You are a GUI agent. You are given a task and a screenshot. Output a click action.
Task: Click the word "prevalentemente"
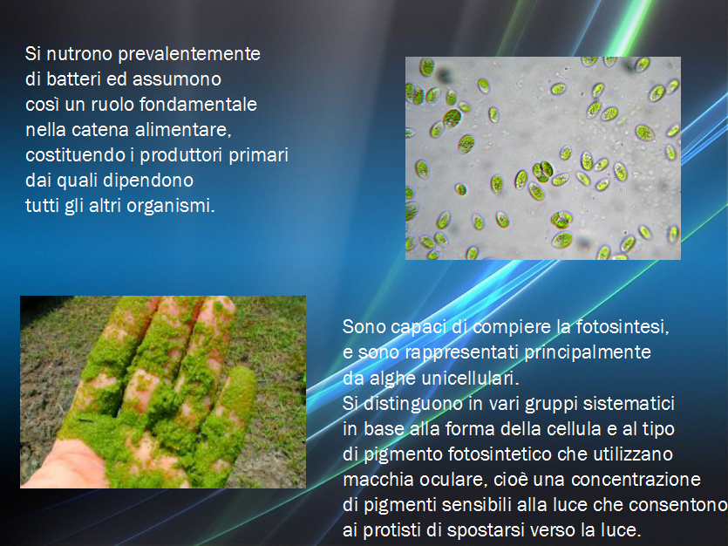[x=189, y=54]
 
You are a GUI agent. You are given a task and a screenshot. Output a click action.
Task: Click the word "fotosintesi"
[x=623, y=327]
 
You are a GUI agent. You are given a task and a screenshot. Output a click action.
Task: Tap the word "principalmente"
[x=588, y=352]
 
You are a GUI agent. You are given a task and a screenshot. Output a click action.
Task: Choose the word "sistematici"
[x=629, y=403]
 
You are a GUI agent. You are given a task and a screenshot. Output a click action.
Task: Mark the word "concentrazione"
[x=636, y=479]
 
